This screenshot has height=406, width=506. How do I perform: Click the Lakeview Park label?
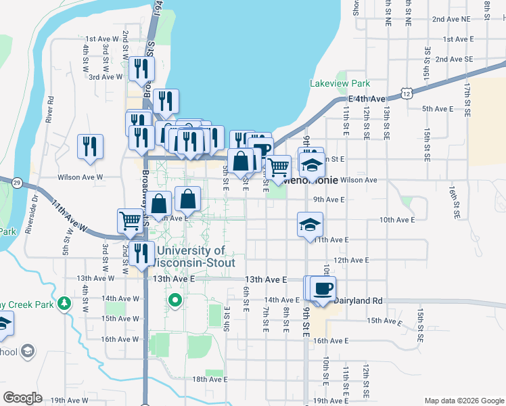[340, 83]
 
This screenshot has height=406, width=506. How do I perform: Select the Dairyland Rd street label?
[359, 300]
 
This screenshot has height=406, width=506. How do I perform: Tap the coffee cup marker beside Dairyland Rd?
[323, 288]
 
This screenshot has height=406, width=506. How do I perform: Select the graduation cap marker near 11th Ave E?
[309, 225]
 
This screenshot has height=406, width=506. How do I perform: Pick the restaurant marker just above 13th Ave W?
[141, 254]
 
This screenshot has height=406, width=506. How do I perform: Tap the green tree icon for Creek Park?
[64, 302]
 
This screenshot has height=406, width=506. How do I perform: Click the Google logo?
[23, 398]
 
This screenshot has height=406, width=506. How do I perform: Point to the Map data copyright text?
[463, 401]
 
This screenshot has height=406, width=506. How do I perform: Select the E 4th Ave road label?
[367, 99]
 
